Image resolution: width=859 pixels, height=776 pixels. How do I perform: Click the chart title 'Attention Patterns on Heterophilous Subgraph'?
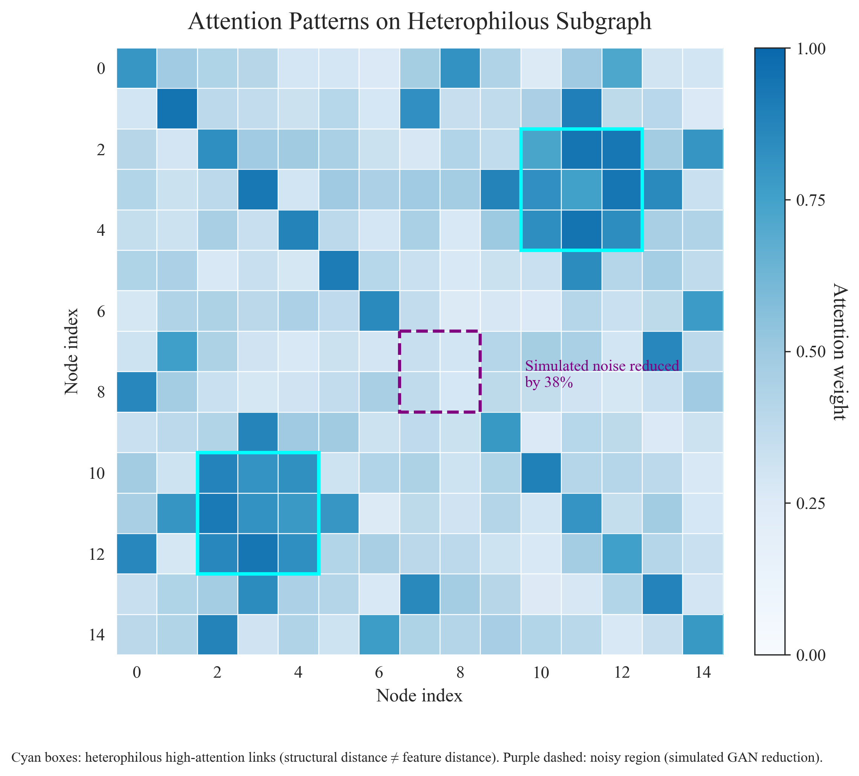pos(420,22)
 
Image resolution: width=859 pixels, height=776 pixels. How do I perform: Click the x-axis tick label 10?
pos(541,673)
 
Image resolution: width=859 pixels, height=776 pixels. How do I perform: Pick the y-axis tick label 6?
pos(101,312)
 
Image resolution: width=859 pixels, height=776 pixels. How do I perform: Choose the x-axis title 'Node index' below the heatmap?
pos(419,696)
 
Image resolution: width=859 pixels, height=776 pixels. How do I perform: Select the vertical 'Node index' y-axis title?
pos(72,352)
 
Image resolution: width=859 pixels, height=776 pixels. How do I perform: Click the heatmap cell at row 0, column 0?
pos(136,68)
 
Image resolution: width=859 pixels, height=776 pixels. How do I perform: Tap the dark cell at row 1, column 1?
pos(177,108)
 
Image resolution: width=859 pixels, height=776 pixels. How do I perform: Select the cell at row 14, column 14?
pos(703,635)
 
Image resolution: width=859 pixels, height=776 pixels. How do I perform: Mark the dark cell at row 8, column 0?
pos(136,392)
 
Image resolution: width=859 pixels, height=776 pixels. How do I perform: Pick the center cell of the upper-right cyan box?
pos(581,189)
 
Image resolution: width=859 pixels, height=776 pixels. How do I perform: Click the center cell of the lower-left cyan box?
pos(258,513)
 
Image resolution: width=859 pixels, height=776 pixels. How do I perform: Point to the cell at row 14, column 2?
pos(217,635)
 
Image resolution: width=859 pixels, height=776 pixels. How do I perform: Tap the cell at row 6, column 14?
pos(703,311)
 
